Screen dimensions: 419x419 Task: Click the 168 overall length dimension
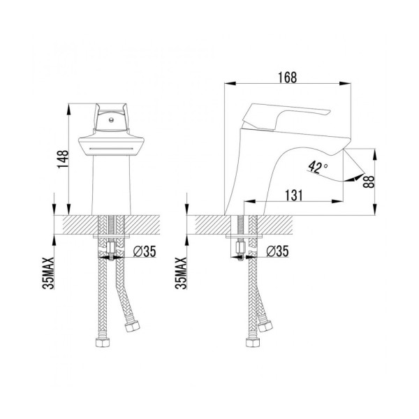pyautogui.click(x=286, y=78)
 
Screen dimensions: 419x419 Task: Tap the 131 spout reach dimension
pyautogui.click(x=295, y=196)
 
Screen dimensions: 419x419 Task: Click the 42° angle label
pyautogui.click(x=316, y=167)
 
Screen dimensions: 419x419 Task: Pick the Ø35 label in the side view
pyautogui.click(x=277, y=251)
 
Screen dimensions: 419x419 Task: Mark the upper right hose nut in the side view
pyautogui.click(x=265, y=325)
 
